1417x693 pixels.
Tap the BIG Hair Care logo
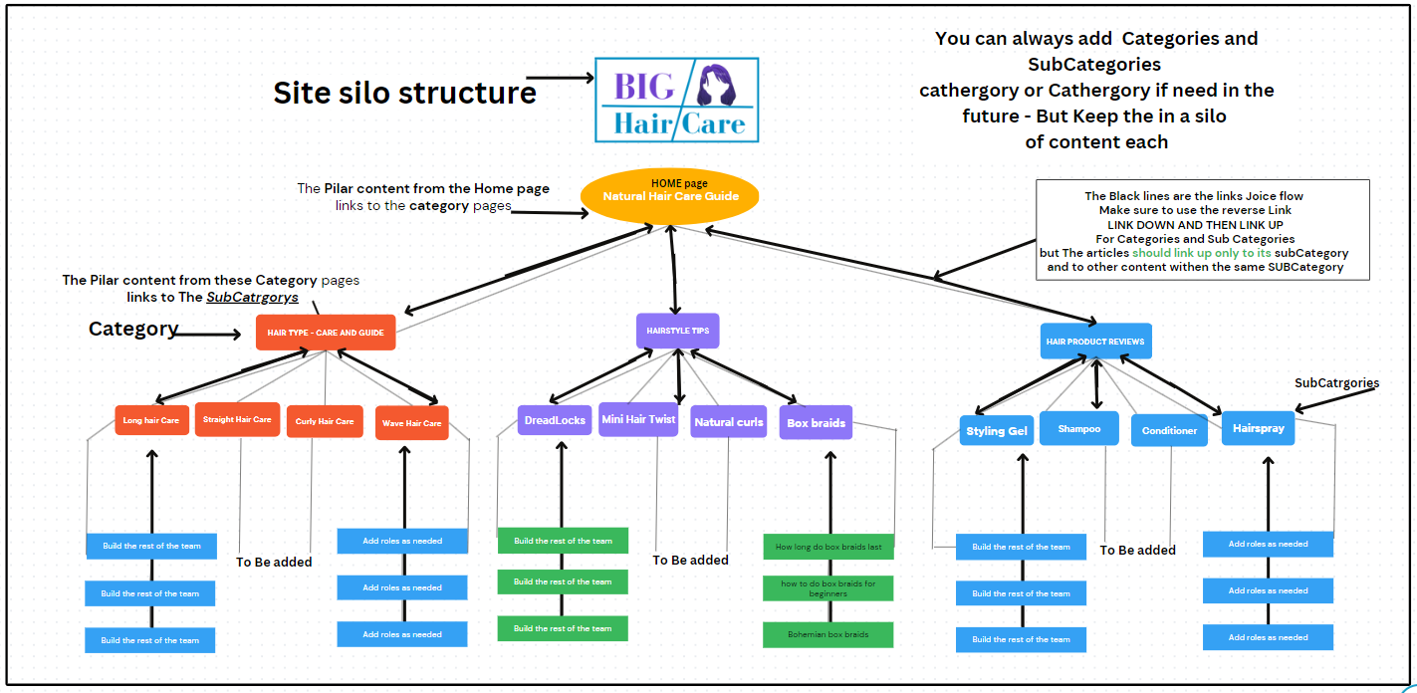676,100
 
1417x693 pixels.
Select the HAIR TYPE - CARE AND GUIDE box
326,333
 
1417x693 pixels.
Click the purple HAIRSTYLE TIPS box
677,331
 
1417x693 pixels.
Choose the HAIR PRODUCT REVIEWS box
1095,342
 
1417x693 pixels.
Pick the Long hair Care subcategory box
151,420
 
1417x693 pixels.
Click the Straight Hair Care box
237,419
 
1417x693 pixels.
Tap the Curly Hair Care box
325,421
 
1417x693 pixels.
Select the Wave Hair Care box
412,423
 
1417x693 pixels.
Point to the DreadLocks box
555,420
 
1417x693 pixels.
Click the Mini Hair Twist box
638,419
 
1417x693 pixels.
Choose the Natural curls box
729,422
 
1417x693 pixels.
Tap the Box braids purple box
816,422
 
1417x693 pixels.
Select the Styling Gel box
997,431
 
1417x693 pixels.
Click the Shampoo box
1079,428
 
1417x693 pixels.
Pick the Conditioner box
1169,430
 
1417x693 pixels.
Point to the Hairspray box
1258,428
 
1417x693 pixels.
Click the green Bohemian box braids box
828,634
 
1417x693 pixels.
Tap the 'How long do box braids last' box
828,547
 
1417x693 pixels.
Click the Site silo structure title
404,93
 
